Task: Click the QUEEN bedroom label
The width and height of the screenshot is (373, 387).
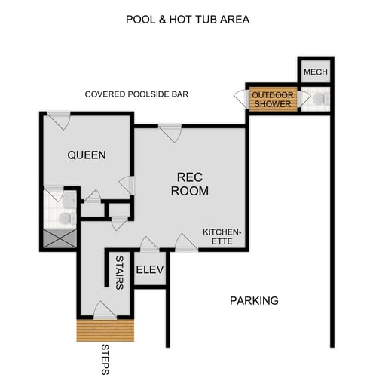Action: (x=87, y=155)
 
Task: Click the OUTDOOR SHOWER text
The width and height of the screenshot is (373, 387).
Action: (x=271, y=99)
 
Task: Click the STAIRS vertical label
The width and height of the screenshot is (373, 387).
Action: (x=119, y=272)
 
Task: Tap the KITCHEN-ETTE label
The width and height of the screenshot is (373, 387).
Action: (x=222, y=237)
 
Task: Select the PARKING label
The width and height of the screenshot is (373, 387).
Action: (x=254, y=300)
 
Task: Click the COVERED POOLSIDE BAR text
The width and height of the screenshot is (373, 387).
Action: (x=136, y=94)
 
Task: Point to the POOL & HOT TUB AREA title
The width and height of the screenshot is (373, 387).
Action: (x=188, y=19)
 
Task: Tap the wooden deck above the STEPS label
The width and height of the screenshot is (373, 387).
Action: (x=105, y=329)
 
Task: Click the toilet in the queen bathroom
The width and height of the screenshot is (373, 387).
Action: (x=65, y=217)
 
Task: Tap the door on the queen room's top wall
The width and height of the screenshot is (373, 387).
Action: (x=59, y=121)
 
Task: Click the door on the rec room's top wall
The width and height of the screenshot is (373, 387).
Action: (x=170, y=133)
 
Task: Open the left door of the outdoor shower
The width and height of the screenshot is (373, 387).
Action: (x=242, y=99)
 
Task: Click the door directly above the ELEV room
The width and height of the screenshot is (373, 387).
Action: (x=149, y=244)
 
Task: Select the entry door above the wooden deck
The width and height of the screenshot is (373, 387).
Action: (x=105, y=309)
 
